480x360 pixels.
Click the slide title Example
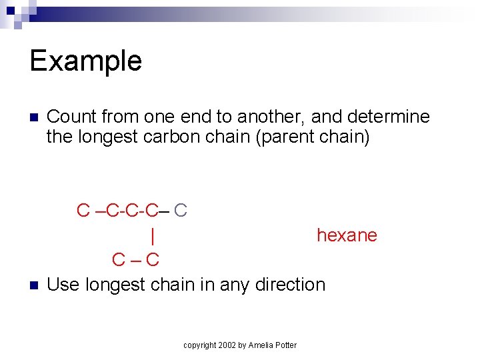point(86,61)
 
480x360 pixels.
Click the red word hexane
point(347,235)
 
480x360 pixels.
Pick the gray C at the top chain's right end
point(180,211)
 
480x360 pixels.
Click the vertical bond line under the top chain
point(153,235)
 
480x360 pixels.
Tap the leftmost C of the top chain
point(83,211)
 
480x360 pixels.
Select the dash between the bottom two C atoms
point(136,259)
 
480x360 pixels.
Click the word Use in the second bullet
point(63,284)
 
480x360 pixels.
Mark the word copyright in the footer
point(199,345)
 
